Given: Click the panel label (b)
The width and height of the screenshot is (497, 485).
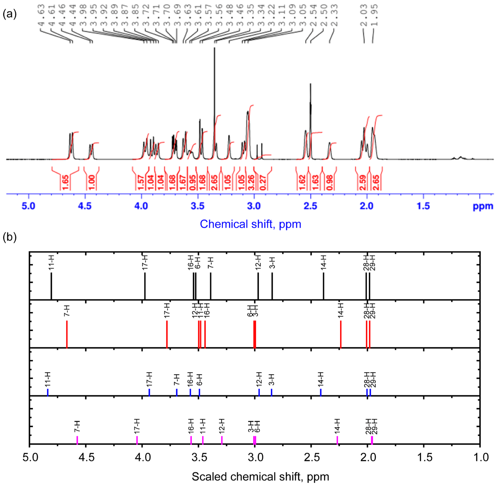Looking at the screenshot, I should pyautogui.click(x=9, y=237).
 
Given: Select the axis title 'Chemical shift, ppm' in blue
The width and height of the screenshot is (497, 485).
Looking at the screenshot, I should pyautogui.click(x=250, y=224).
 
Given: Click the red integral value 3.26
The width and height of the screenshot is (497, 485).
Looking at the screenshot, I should pyautogui.click(x=251, y=182).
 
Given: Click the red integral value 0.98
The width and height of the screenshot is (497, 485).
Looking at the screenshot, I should pyautogui.click(x=330, y=182).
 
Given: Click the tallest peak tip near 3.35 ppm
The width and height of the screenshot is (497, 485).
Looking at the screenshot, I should pyautogui.click(x=214, y=48).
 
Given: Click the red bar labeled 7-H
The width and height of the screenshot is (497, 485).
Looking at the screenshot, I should pyautogui.click(x=67, y=334).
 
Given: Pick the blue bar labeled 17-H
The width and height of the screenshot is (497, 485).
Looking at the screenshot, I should pyautogui.click(x=149, y=392).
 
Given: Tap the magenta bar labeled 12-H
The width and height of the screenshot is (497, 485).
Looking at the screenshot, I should pyautogui.click(x=222, y=440).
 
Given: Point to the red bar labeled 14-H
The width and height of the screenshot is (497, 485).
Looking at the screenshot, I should pyautogui.click(x=341, y=334).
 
